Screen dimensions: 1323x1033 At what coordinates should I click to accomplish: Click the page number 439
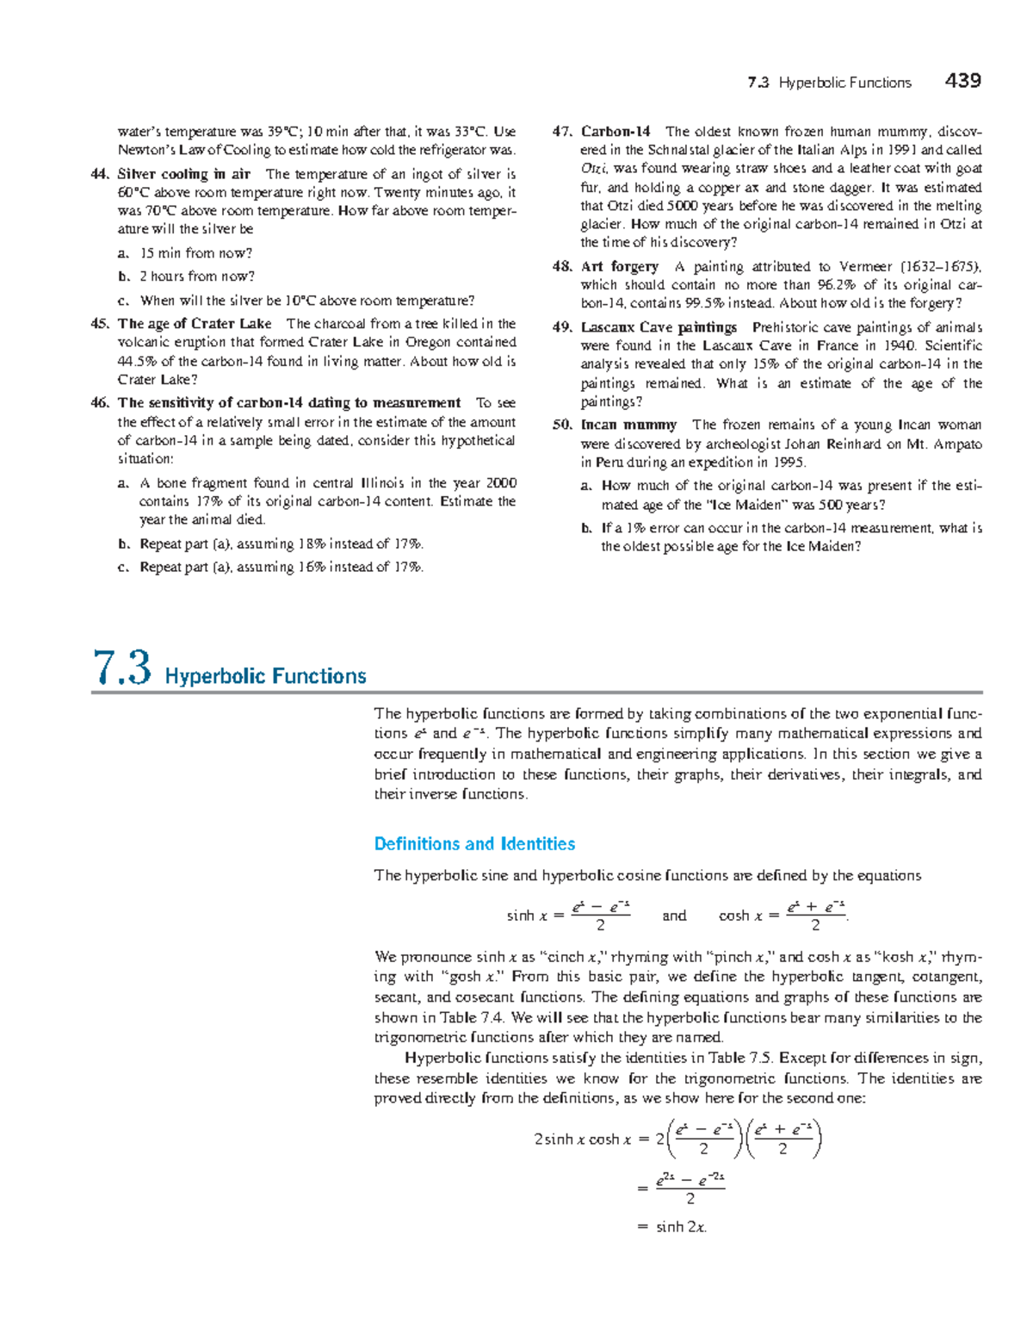click(x=962, y=81)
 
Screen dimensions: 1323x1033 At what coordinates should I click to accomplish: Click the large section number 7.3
click(x=121, y=668)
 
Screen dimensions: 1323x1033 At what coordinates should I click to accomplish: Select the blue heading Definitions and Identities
click(x=474, y=844)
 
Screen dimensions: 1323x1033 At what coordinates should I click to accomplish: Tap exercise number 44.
click(x=100, y=174)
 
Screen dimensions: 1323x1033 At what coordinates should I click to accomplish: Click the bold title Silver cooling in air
click(x=183, y=174)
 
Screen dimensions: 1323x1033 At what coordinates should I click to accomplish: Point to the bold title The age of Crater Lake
click(x=195, y=324)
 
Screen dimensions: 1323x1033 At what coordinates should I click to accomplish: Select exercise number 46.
click(x=100, y=403)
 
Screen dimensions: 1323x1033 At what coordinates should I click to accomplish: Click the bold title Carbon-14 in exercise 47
click(x=615, y=132)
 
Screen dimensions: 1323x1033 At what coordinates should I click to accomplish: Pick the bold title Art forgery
click(x=620, y=267)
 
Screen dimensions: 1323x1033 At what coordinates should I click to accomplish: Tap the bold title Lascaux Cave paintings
click(x=659, y=327)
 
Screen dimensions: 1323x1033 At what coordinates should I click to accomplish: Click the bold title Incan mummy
click(x=628, y=425)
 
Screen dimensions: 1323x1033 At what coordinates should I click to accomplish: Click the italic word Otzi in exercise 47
click(x=593, y=169)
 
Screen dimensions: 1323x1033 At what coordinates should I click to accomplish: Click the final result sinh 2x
click(x=681, y=1227)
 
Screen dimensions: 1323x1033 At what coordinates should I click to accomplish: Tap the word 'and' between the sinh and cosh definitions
click(x=674, y=916)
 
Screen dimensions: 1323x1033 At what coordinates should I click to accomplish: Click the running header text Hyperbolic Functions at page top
click(x=844, y=83)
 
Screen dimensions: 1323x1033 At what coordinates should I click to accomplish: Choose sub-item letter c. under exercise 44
click(x=124, y=301)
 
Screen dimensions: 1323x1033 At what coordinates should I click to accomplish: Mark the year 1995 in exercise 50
click(x=788, y=463)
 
